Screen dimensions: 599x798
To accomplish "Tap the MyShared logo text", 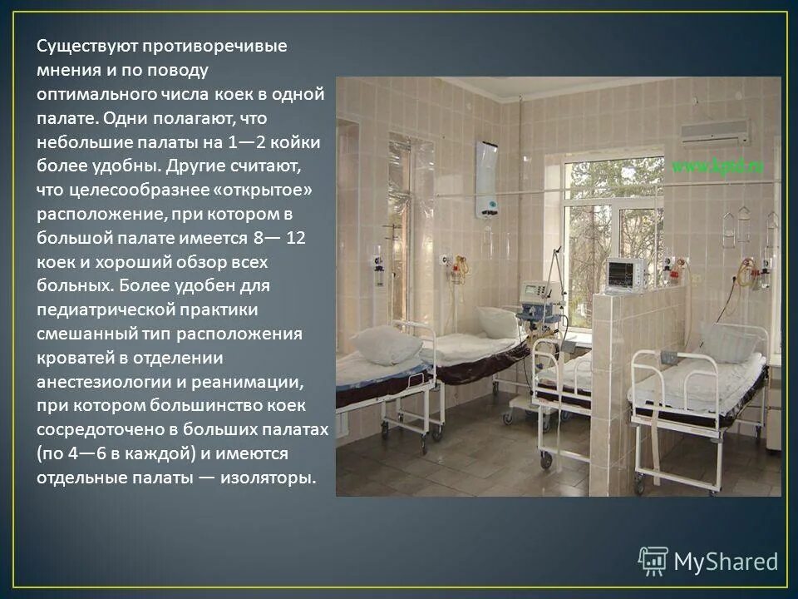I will [726, 562].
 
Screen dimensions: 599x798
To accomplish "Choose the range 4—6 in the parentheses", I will [70, 454].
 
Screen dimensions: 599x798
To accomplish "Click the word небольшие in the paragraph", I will [81, 142].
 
